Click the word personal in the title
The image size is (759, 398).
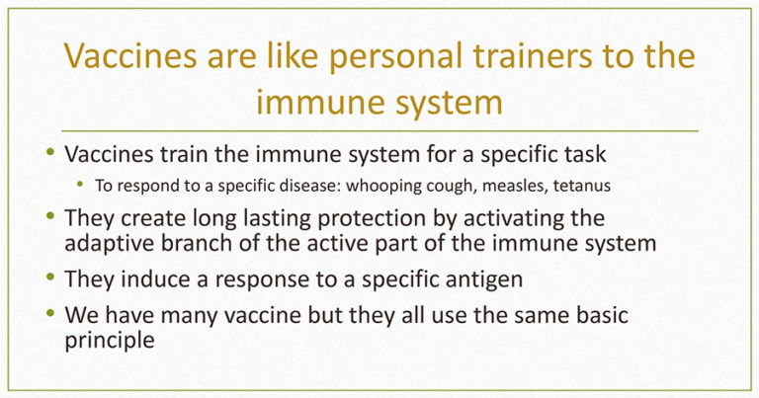pos(395,56)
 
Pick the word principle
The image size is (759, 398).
pos(110,341)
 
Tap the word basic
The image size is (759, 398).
pos(602,315)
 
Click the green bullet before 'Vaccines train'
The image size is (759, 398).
pos(50,152)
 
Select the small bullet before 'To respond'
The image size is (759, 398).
pos(80,184)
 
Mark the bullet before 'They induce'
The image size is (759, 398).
pos(50,278)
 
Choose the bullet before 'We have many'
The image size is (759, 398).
pos(50,313)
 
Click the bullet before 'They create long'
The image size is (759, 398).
pos(50,216)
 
